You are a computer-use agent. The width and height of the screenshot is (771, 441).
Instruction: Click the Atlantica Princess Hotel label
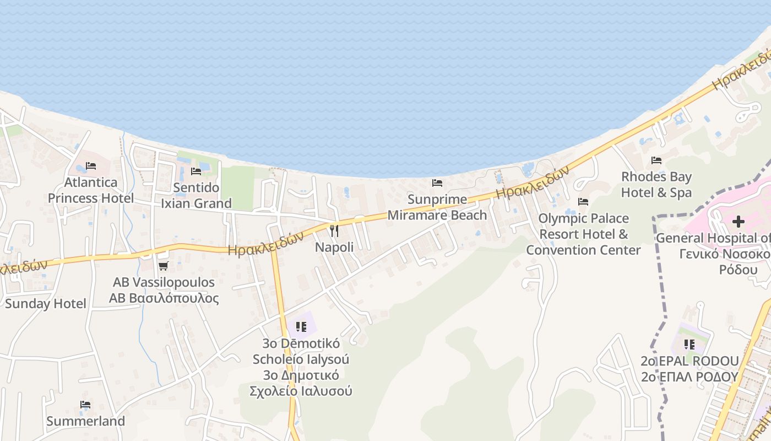pyautogui.click(x=91, y=190)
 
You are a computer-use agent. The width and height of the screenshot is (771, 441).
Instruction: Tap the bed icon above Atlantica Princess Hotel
pyautogui.click(x=91, y=165)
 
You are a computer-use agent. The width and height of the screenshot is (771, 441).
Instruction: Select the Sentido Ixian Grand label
pyautogui.click(x=196, y=196)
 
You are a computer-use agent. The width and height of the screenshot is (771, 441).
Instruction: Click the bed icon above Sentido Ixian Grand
pyautogui.click(x=196, y=171)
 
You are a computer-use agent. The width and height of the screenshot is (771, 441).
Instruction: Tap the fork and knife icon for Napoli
pyautogui.click(x=334, y=230)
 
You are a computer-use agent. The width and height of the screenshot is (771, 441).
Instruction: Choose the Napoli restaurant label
pyautogui.click(x=334, y=248)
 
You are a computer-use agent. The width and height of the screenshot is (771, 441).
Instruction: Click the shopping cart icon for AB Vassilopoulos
pyautogui.click(x=163, y=266)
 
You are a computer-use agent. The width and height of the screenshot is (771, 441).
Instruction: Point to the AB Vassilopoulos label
pyautogui.click(x=164, y=291)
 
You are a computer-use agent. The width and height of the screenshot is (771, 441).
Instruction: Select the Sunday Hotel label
pyautogui.click(x=46, y=304)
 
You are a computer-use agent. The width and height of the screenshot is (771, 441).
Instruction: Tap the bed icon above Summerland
pyautogui.click(x=85, y=405)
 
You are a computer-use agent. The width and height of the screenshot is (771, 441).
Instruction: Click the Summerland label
pyautogui.click(x=85, y=421)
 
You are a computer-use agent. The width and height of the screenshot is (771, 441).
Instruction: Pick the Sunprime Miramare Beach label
pyautogui.click(x=437, y=207)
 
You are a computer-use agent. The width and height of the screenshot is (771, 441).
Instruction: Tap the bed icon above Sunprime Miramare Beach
pyautogui.click(x=437, y=182)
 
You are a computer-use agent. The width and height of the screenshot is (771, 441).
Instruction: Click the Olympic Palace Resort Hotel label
pyautogui.click(x=583, y=234)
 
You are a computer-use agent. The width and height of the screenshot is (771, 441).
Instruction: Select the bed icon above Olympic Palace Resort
pyautogui.click(x=583, y=202)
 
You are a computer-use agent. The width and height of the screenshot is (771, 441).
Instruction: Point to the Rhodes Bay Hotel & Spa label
pyautogui.click(x=656, y=185)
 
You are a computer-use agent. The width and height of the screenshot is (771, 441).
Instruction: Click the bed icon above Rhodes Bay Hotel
pyautogui.click(x=656, y=160)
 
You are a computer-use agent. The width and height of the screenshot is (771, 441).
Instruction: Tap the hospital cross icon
pyautogui.click(x=739, y=222)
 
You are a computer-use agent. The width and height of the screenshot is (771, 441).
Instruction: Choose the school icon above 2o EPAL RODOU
pyautogui.click(x=689, y=345)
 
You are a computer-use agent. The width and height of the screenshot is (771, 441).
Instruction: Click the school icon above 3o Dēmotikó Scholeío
pyautogui.click(x=301, y=327)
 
